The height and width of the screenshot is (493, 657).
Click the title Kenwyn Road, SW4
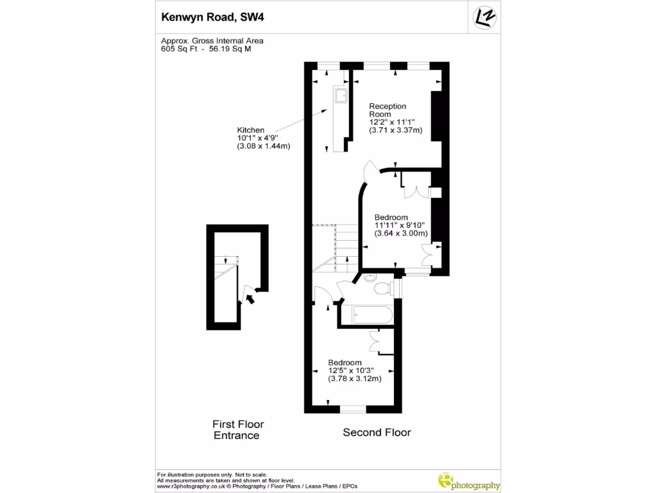211,17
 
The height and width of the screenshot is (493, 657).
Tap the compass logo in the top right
484,17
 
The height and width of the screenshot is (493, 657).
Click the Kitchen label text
250,130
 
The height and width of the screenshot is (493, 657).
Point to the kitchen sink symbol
340,97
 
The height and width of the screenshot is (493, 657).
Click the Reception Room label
388,110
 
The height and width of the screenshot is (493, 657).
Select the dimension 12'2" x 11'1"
392,122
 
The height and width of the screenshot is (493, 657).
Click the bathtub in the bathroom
366,315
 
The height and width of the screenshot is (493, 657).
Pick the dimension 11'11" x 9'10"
400,225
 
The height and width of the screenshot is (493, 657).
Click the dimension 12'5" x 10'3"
351,370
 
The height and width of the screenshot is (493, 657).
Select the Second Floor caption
377,432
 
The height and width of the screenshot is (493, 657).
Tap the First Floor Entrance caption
238,430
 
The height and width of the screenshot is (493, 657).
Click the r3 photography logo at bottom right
468,481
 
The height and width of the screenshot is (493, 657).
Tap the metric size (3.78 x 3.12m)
355,379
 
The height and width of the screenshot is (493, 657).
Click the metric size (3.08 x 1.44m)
264,146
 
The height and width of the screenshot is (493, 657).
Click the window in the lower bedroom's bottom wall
352,408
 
